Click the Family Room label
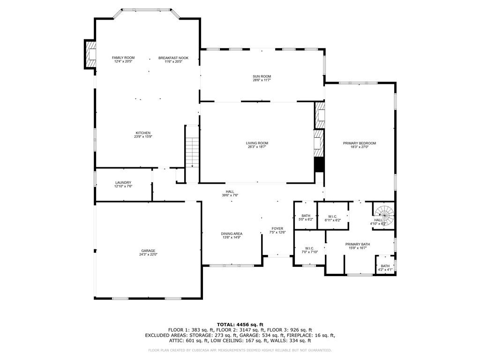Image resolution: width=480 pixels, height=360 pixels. point(123,58)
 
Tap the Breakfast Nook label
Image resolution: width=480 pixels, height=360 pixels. point(173,58)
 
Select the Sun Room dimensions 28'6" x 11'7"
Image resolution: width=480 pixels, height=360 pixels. point(262,80)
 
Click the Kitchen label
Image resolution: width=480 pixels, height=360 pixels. point(143,133)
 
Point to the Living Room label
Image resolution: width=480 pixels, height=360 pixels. point(257,143)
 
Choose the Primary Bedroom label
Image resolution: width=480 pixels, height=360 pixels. point(359,143)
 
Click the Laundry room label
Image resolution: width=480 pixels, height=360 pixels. point(123,182)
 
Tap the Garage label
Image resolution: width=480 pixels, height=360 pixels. point(148,250)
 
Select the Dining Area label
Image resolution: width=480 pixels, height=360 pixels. point(232,233)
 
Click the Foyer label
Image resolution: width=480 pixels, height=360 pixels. point(277,228)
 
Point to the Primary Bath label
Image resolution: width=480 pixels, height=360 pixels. point(358,244)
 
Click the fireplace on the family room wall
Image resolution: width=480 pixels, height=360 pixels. point(90,54)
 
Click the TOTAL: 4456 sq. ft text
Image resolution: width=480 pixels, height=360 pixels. point(240,324)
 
